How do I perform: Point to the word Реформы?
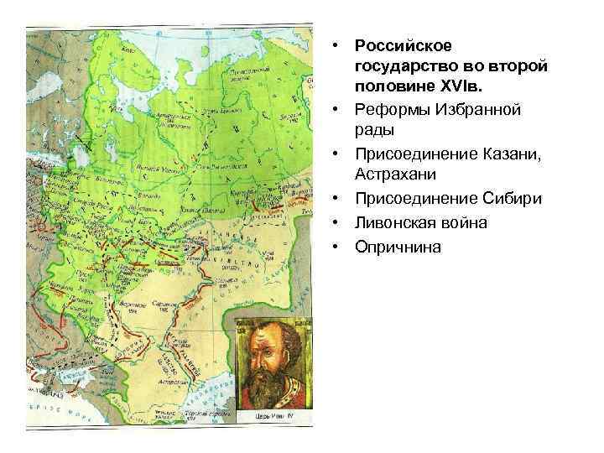coord(389,110)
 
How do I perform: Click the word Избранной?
coord(475,110)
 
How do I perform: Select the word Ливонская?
coord(394,222)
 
